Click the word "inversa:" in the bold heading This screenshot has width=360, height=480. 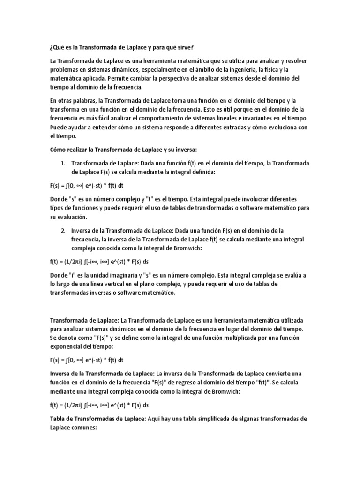coord(184,150)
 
